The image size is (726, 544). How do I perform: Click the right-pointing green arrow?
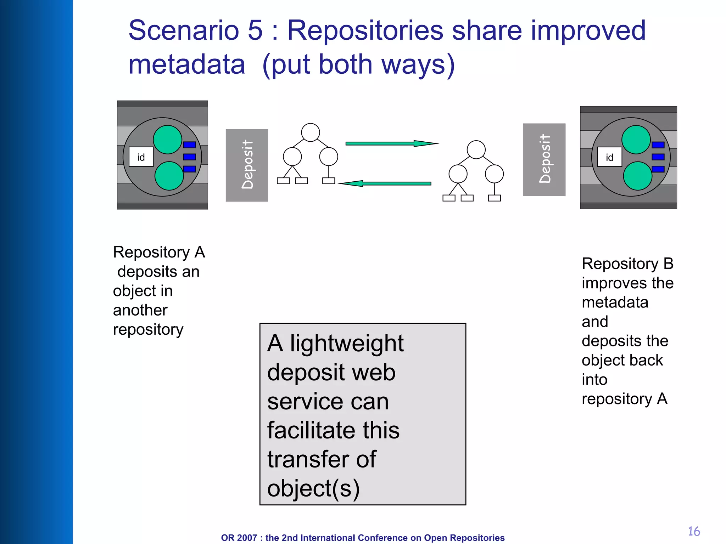point(390,143)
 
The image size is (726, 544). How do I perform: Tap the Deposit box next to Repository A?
point(247,165)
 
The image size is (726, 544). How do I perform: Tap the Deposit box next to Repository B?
point(544,159)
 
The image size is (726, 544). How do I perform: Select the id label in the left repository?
point(141,157)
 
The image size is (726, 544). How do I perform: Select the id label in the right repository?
point(609,157)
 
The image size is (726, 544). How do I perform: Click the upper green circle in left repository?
point(167,140)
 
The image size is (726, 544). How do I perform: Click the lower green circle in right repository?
point(637,176)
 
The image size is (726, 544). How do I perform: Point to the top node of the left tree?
point(311,132)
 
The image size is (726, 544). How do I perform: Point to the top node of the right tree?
point(476,149)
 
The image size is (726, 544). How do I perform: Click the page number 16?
point(694,531)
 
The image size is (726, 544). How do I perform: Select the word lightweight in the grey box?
point(347,344)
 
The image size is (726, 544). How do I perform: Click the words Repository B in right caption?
point(627,264)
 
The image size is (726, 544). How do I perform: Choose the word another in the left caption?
point(140,310)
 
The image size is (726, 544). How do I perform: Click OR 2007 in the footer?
point(239,538)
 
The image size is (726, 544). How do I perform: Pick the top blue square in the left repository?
point(190,144)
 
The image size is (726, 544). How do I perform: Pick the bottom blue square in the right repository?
point(658,169)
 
